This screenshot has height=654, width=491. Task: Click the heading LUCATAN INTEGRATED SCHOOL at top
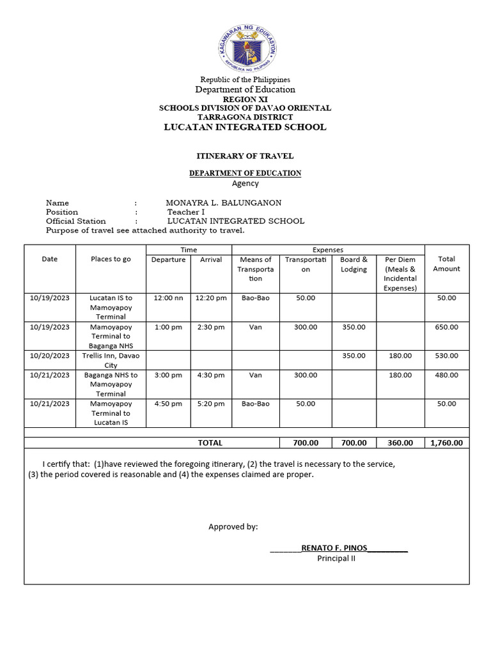[x=245, y=127]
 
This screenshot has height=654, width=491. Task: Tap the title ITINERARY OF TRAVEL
[x=245, y=156]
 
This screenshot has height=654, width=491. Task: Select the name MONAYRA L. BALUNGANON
[x=223, y=203]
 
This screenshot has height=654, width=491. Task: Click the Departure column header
[x=168, y=259]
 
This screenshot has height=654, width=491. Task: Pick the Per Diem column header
[x=400, y=273]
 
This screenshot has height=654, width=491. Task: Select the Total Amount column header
[x=446, y=264]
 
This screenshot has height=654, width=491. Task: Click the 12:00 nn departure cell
[x=168, y=298]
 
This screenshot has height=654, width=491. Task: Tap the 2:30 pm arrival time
[x=210, y=327]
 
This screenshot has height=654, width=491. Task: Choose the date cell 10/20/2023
[x=50, y=356]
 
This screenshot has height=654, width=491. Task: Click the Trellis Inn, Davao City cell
[x=111, y=360]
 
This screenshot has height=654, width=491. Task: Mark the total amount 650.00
[x=446, y=327]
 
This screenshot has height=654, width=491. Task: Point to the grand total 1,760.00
[x=446, y=443]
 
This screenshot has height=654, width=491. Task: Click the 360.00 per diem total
[x=400, y=443]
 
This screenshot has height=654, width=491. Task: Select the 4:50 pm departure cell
[x=168, y=404]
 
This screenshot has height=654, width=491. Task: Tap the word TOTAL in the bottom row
[x=210, y=443]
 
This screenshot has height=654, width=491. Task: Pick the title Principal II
[x=336, y=558]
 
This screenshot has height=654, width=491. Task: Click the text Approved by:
[x=233, y=527]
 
